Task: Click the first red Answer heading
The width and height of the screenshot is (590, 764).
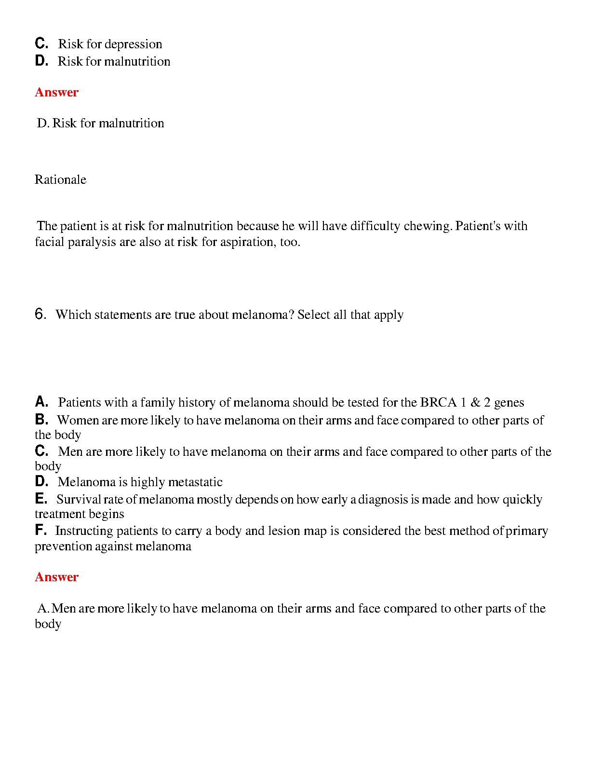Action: pos(56,92)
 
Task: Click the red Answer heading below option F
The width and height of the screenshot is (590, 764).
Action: pos(56,577)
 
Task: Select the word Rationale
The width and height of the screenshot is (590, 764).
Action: pos(60,179)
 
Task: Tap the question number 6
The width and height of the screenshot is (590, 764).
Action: pos(40,314)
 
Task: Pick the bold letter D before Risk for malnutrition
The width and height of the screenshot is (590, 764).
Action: pos(41,61)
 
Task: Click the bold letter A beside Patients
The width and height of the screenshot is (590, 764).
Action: pos(41,401)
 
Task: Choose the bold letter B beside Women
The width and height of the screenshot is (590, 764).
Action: pos(41,419)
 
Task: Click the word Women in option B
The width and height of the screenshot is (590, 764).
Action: pos(78,420)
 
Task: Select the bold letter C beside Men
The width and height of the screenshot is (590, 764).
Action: pos(41,450)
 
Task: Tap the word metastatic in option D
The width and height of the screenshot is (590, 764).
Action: pos(195,482)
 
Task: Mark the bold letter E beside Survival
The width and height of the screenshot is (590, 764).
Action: pos(41,498)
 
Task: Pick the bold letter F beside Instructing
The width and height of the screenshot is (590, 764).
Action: pos(40,530)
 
